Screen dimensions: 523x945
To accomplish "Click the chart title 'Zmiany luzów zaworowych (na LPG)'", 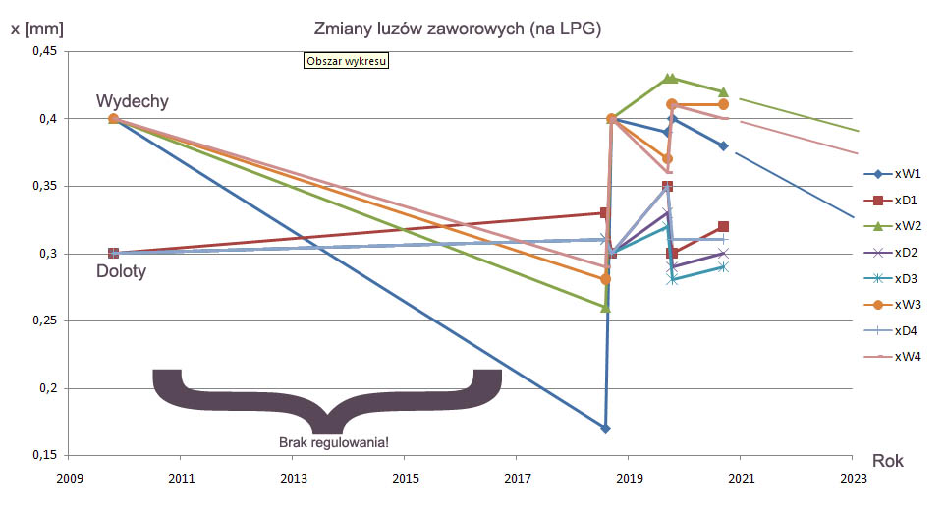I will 457,30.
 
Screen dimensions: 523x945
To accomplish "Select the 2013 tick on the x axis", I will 293,479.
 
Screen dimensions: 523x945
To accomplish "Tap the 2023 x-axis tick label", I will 854,479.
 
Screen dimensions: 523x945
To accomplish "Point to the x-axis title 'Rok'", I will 887,460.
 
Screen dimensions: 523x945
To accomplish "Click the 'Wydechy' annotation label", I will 133,101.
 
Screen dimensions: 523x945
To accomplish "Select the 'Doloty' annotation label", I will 121,271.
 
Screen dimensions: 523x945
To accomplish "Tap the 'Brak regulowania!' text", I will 333,442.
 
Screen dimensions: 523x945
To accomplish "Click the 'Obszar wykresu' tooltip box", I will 348,61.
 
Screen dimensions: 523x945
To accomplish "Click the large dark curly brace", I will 326,398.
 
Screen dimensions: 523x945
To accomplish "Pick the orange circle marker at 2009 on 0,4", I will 113,119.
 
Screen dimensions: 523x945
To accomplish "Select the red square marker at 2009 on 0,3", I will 113,254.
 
